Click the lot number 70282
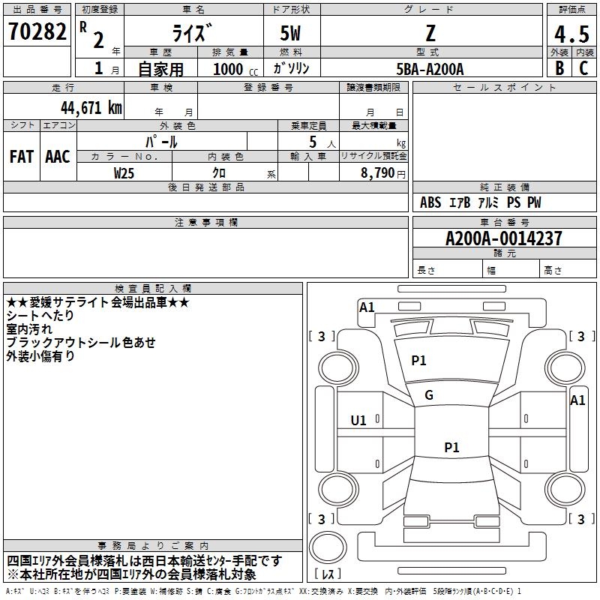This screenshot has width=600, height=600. tap(37, 31)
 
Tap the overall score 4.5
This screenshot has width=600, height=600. tap(571, 34)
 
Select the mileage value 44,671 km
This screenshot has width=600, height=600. tap(91, 107)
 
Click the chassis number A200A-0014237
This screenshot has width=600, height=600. tap(503, 238)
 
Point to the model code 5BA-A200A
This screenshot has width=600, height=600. tap(430, 69)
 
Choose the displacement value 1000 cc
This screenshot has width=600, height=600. tap(235, 69)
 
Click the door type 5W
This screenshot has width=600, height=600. tap(290, 33)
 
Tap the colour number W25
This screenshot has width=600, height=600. tap(124, 173)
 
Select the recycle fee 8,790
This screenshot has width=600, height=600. tap(378, 172)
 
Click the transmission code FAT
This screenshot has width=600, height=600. tap(22, 157)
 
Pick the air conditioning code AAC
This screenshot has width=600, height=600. tap(58, 157)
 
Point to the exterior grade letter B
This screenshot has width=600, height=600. tap(559, 67)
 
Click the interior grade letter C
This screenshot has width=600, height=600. tap(583, 67)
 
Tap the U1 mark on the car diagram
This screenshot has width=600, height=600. tap(358, 421)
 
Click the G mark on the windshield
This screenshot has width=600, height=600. tap(429, 395)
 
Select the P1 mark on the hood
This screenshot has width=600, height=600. tap(418, 361)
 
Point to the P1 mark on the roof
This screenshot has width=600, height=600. tap(451, 447)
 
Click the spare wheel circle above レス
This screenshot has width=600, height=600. tap(328, 547)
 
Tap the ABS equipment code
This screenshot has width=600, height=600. tap(430, 202)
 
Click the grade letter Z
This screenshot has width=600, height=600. tap(430, 33)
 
